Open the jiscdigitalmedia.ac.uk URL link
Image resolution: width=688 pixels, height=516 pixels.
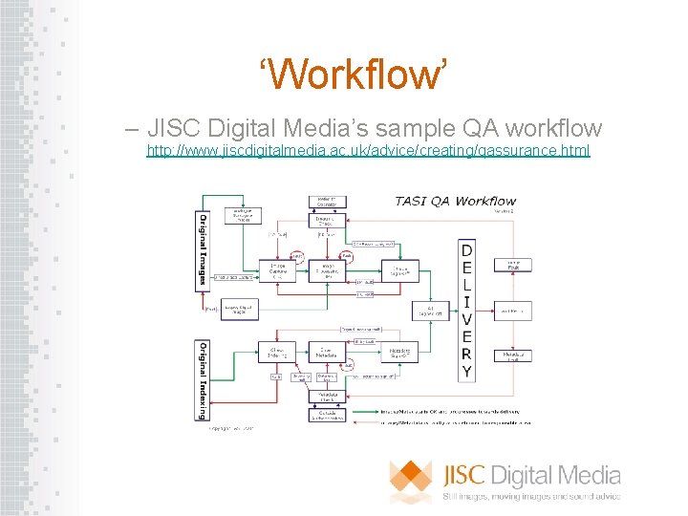(x=368, y=151)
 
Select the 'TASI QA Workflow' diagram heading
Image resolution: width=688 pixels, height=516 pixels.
(x=455, y=201)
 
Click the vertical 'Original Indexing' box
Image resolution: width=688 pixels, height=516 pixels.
(x=203, y=379)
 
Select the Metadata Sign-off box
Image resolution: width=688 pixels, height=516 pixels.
(x=401, y=353)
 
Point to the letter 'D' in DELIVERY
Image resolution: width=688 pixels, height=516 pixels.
(x=465, y=251)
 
